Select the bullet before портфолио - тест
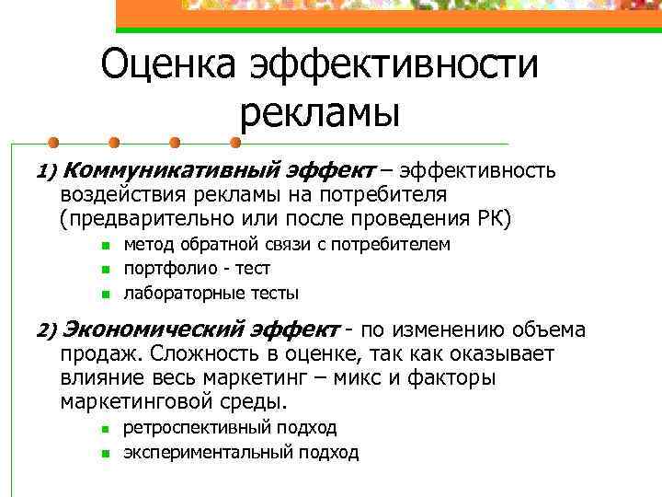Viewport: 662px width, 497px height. [106, 270]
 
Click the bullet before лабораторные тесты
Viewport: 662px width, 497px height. [106, 295]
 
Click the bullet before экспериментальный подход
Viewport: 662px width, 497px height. [106, 453]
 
